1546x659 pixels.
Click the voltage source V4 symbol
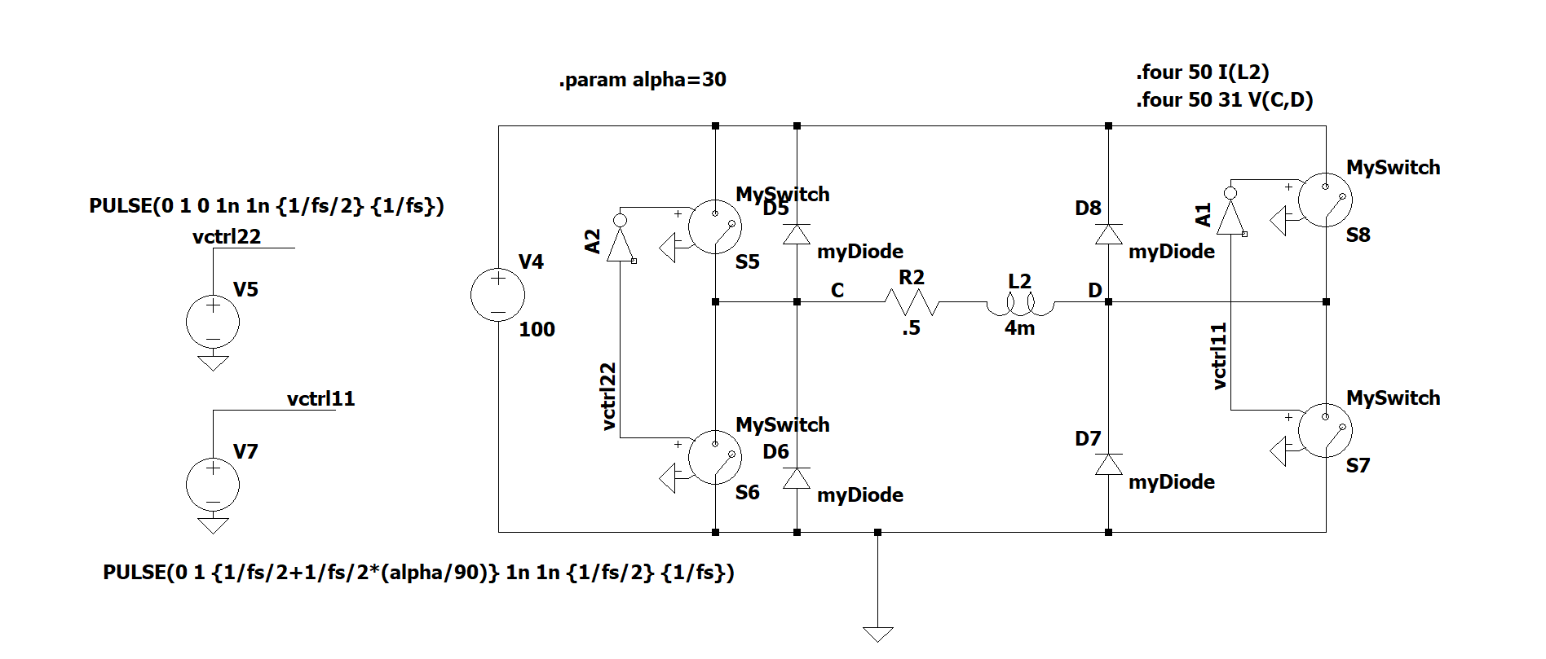497,294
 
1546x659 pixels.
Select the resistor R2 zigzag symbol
911,302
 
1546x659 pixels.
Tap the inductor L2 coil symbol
1020,305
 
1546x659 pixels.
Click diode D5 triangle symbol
797,235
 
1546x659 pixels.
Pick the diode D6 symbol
797,478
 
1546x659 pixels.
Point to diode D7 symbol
1108,464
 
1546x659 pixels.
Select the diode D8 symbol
1108,235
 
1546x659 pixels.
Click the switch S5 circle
715,226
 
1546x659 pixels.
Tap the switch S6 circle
715,457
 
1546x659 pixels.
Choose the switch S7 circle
1325,430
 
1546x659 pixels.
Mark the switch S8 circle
1325,200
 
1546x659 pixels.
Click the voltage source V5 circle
213,322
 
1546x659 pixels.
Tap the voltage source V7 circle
213,484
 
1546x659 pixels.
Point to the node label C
837,291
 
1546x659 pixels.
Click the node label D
1094,291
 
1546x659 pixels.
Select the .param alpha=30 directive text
643,80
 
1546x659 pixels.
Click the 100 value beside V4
537,330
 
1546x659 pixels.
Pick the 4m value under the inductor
1019,328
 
